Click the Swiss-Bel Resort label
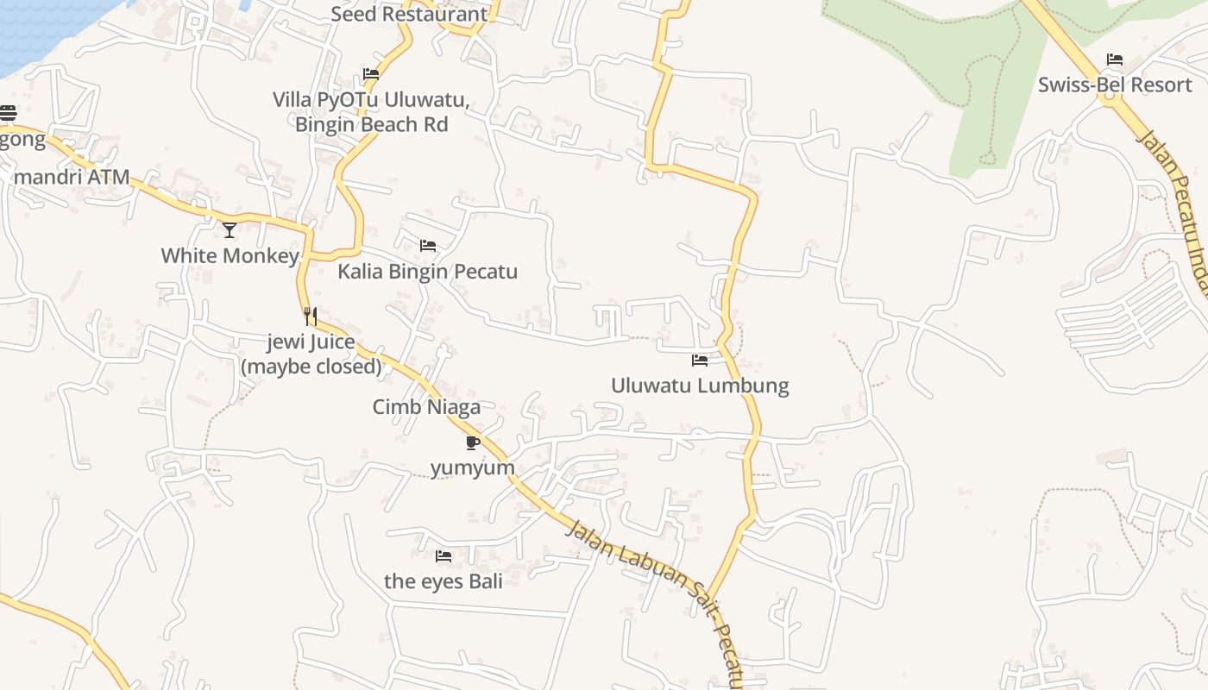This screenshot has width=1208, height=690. coord(1114,85)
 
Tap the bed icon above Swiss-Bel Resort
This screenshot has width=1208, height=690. coord(1115,60)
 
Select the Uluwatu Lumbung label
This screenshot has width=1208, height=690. coord(700,385)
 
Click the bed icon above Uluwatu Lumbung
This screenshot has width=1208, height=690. coord(700,360)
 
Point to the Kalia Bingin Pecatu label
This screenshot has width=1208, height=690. coord(427,272)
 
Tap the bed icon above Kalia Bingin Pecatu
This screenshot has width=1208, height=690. coord(427,246)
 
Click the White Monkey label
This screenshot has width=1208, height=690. coord(230,255)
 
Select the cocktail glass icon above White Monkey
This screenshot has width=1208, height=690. coord(230,229)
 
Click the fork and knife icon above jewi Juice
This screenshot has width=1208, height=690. coord(311,317)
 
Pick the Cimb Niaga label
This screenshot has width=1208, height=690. coord(426,406)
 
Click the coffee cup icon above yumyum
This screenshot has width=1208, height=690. coord(472,442)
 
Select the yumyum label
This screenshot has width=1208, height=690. coord(472,467)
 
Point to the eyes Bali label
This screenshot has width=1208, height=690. coord(444,580)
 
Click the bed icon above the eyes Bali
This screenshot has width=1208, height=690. coord(444,556)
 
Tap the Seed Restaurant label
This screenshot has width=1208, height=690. coord(409,14)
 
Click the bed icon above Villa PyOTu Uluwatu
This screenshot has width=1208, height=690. coord(371,74)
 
